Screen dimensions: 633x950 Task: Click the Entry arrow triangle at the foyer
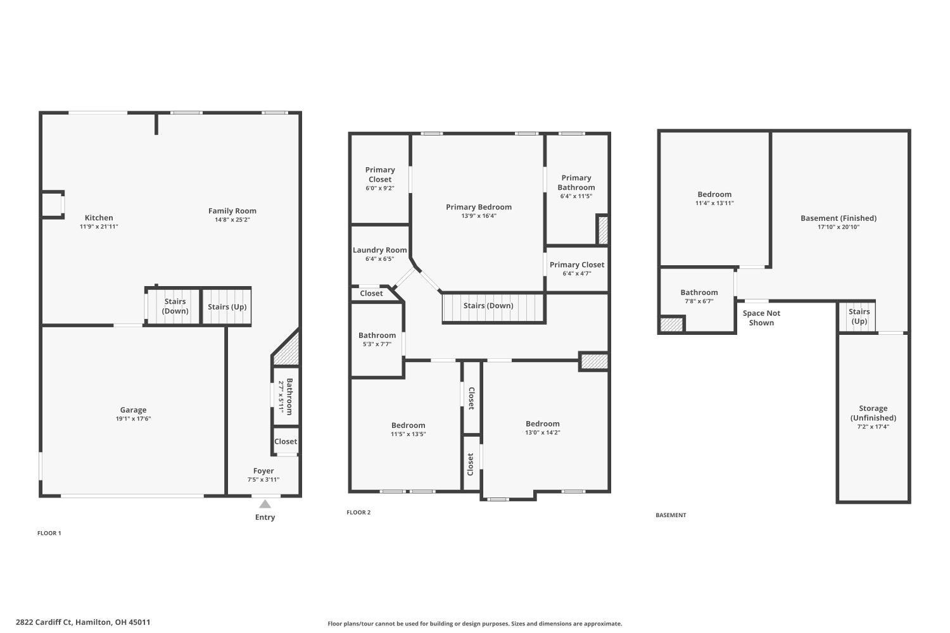point(265,504)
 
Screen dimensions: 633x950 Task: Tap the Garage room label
point(133,410)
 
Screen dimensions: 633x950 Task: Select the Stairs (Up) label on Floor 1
point(227,307)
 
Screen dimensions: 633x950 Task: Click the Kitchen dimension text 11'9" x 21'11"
point(99,227)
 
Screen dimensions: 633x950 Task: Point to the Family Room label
point(232,211)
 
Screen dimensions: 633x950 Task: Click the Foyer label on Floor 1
point(263,471)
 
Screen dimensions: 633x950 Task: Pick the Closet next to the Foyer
point(286,441)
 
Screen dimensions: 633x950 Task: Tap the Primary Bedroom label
point(478,207)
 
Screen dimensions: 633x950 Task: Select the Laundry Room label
point(379,250)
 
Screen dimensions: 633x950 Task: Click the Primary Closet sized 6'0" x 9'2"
point(380,175)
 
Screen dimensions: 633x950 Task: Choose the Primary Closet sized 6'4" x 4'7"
point(576,265)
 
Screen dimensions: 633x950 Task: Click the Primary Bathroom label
point(576,182)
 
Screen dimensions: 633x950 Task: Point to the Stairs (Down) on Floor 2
point(488,306)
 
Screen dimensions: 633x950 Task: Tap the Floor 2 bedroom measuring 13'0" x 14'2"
point(542,424)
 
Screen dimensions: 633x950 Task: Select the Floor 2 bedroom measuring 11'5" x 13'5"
point(408,425)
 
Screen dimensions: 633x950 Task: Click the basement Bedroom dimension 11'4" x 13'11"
point(714,203)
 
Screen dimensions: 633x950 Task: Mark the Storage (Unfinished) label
point(873,413)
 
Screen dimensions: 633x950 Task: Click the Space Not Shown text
point(761,318)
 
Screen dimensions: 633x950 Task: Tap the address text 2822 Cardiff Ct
point(83,622)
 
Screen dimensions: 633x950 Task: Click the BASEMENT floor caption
point(671,515)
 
